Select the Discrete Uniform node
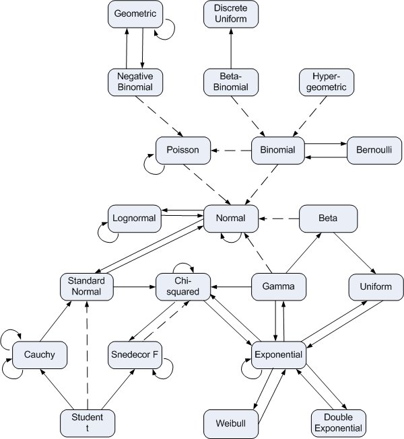coord(231,14)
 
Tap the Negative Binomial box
coord(135,81)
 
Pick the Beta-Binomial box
coord(231,81)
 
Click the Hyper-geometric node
coord(327,81)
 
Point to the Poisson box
coord(184,149)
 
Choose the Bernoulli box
coord(374,149)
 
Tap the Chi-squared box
coord(183,286)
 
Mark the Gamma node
coord(279,286)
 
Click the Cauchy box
coord(39,354)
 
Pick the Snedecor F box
coord(135,354)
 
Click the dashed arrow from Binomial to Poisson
coord(231,149)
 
